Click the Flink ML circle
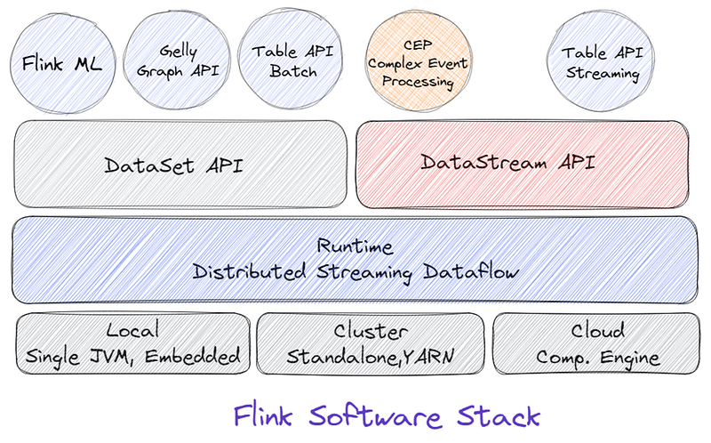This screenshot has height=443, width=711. (62, 63)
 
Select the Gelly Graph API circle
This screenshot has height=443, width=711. (177, 60)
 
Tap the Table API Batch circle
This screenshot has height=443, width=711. (291, 60)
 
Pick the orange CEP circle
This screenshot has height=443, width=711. (418, 61)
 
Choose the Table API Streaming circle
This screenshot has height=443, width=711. (602, 61)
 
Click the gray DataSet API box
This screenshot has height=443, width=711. (180, 164)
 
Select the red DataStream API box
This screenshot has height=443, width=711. (523, 164)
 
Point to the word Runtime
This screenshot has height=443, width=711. (355, 246)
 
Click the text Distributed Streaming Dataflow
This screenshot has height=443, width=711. (355, 272)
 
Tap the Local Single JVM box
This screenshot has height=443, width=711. (132, 343)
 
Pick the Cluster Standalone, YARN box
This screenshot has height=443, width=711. (370, 343)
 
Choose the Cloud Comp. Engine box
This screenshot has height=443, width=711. (596, 343)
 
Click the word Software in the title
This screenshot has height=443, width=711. (375, 415)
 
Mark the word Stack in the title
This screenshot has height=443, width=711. (499, 415)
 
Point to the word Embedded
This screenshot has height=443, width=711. (192, 356)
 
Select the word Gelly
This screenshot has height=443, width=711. (179, 52)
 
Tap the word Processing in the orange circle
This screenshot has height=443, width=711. (418, 81)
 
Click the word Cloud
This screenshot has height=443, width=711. (597, 330)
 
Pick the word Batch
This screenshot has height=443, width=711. (293, 71)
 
